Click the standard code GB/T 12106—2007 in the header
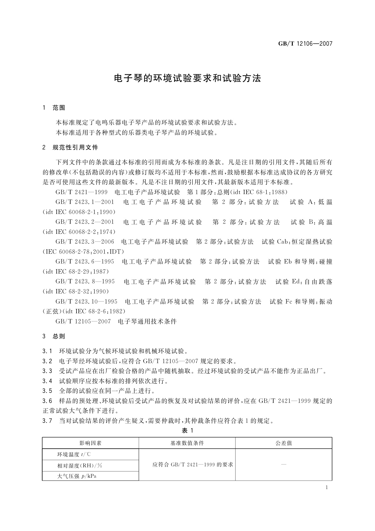click(x=305, y=44)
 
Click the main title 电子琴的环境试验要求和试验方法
click(x=187, y=79)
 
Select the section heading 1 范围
click(x=54, y=108)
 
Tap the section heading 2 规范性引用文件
click(x=70, y=148)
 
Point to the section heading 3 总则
click(x=54, y=336)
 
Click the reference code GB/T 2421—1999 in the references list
click(x=82, y=192)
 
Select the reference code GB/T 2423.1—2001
click(x=85, y=202)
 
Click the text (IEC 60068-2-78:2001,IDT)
click(x=83, y=252)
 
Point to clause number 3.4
click(x=47, y=381)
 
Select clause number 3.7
click(x=47, y=421)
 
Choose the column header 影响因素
click(x=90, y=443)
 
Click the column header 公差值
click(x=284, y=443)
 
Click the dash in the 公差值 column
click(x=284, y=465)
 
